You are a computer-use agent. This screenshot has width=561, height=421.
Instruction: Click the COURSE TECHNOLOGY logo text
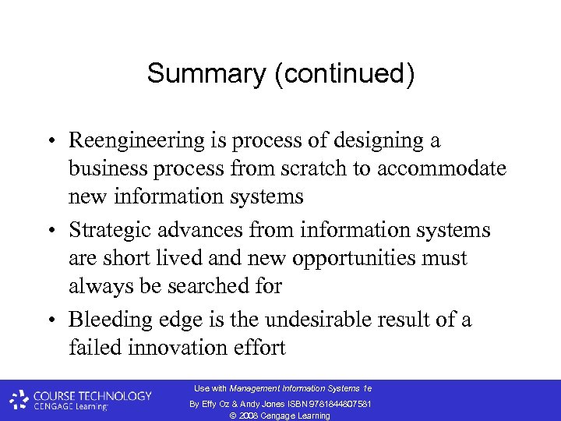(x=91, y=396)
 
